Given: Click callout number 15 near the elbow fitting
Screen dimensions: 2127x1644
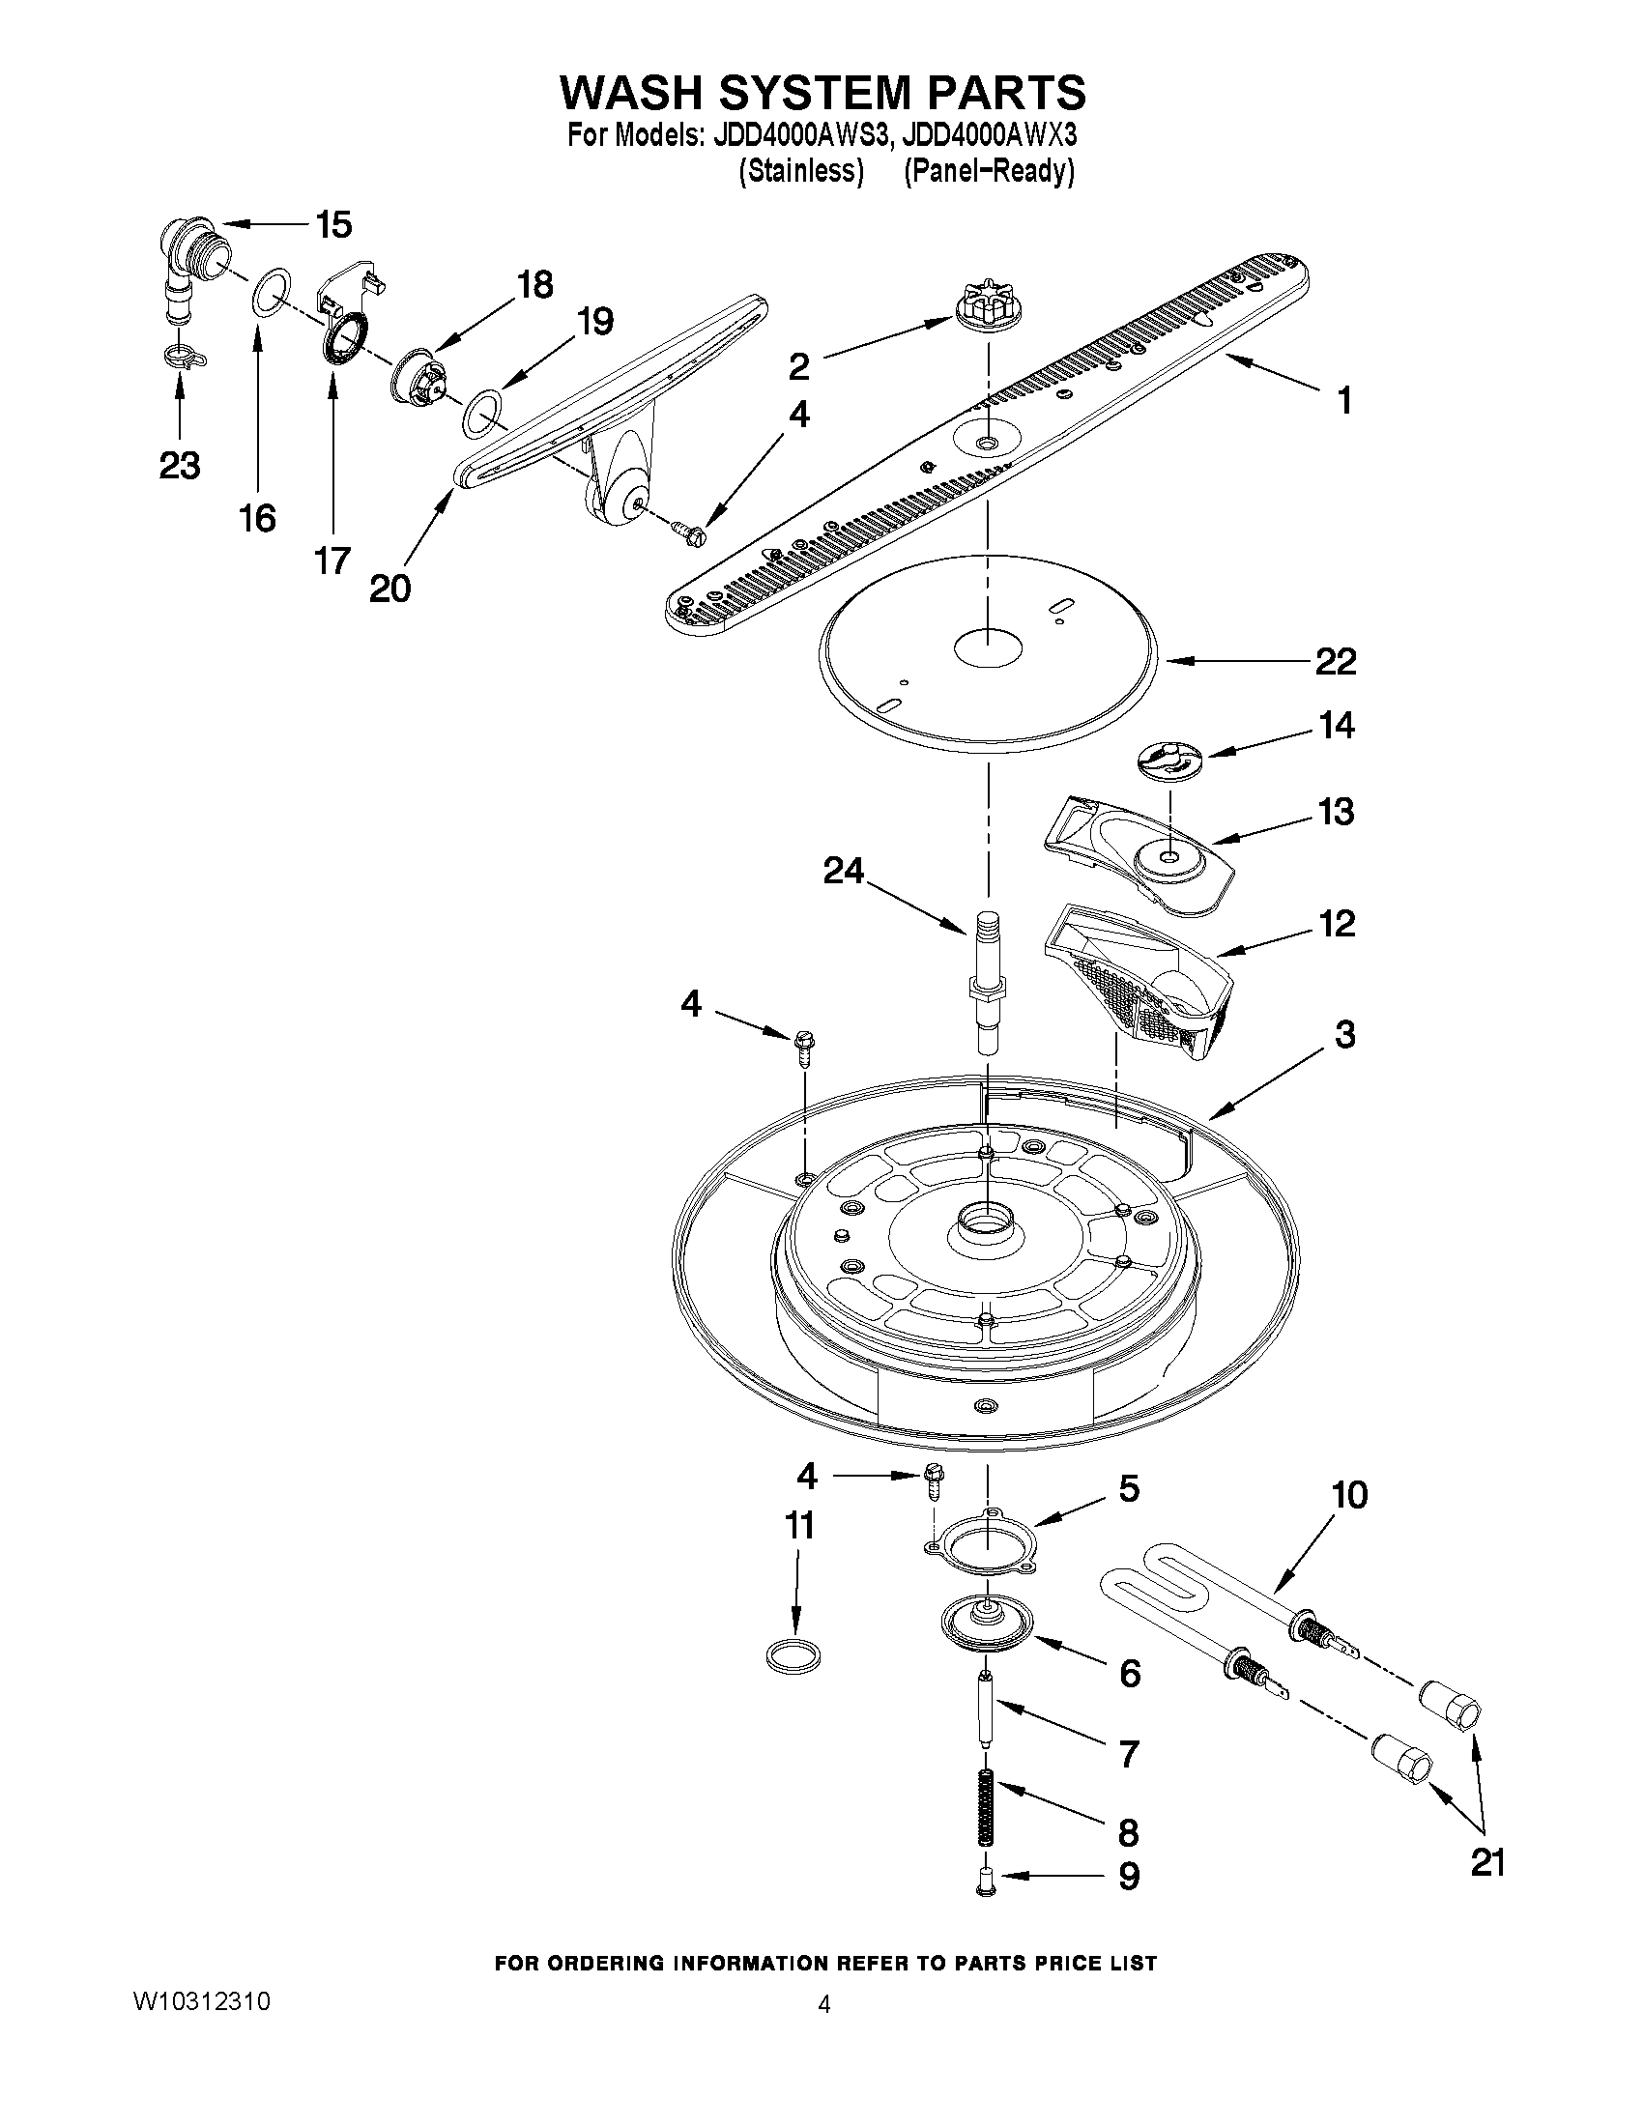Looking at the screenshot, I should [333, 225].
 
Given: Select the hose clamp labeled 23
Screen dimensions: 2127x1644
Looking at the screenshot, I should [183, 359].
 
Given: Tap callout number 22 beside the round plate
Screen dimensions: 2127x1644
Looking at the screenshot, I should [1336, 661].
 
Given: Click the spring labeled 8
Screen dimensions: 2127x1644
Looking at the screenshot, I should [987, 1807].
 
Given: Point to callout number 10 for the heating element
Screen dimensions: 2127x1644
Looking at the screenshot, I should [1349, 1495].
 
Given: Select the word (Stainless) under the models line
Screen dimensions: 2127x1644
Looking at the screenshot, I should [800, 172].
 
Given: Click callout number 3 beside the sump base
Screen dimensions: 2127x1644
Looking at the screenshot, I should [1344, 1034].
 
